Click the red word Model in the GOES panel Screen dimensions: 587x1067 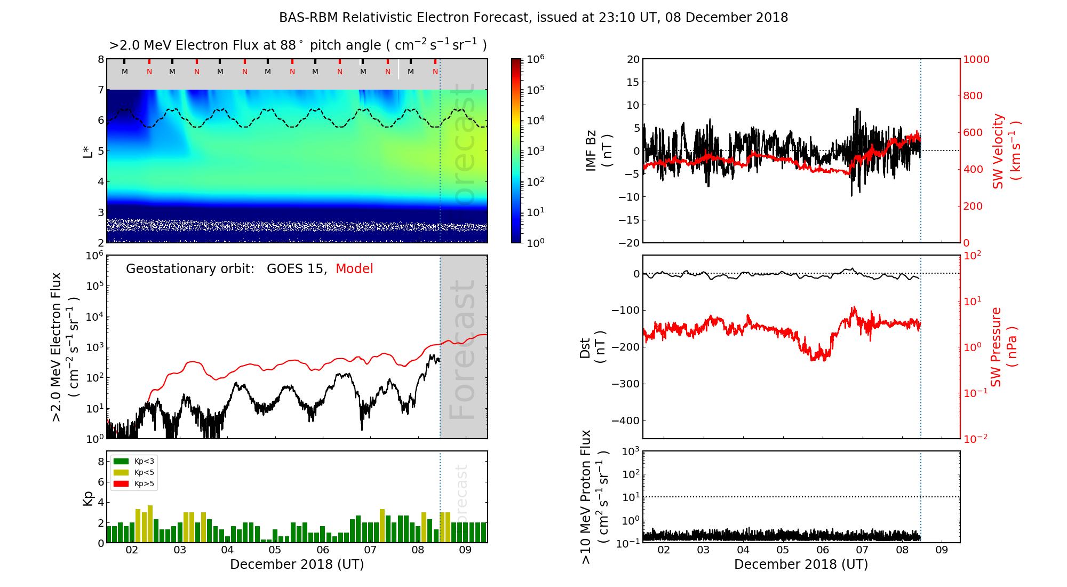[x=354, y=269]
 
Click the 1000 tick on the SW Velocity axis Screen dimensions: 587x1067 [x=976, y=59]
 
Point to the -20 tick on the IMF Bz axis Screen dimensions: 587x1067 [x=632, y=243]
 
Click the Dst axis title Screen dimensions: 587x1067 [x=592, y=347]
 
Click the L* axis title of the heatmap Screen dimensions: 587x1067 [x=88, y=151]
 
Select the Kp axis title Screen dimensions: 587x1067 [x=88, y=498]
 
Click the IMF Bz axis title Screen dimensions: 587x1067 [x=599, y=151]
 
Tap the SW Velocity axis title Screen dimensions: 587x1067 [x=1006, y=151]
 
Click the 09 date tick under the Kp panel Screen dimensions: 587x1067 [x=465, y=550]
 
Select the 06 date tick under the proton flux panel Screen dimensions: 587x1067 [x=823, y=550]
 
